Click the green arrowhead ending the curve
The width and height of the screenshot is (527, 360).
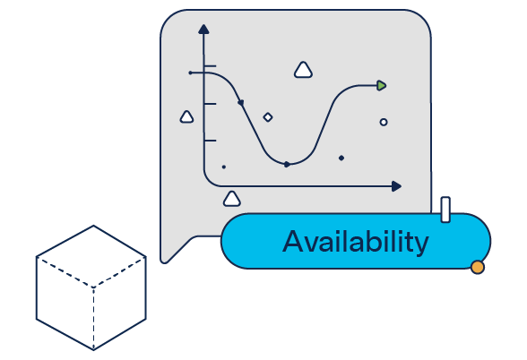point(381,86)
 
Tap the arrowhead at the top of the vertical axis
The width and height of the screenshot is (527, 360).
point(203,30)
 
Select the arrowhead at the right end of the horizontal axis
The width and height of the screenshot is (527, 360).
point(396,186)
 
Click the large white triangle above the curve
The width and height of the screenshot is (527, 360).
point(303,70)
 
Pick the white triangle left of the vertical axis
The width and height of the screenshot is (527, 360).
point(186,117)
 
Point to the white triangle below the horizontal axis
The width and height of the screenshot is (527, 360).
point(231,199)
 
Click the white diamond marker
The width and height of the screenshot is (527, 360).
point(268,117)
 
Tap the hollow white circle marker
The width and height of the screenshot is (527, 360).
point(384,122)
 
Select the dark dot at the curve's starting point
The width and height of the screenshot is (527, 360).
point(190,73)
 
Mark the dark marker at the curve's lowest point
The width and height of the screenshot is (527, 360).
point(287,164)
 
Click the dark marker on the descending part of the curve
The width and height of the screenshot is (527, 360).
point(240,102)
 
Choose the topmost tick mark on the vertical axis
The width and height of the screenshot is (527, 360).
point(210,66)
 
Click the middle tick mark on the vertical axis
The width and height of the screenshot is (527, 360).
point(210,104)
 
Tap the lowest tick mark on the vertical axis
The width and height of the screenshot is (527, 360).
point(210,141)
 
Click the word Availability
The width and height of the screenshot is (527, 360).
point(356,242)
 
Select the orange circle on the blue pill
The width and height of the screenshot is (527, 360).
point(477,267)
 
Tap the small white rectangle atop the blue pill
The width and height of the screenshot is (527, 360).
point(445,210)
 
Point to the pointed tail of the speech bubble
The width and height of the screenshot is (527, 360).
point(164,261)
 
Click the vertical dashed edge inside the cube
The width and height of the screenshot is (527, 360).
point(93,319)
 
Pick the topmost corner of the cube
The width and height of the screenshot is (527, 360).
point(93,226)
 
